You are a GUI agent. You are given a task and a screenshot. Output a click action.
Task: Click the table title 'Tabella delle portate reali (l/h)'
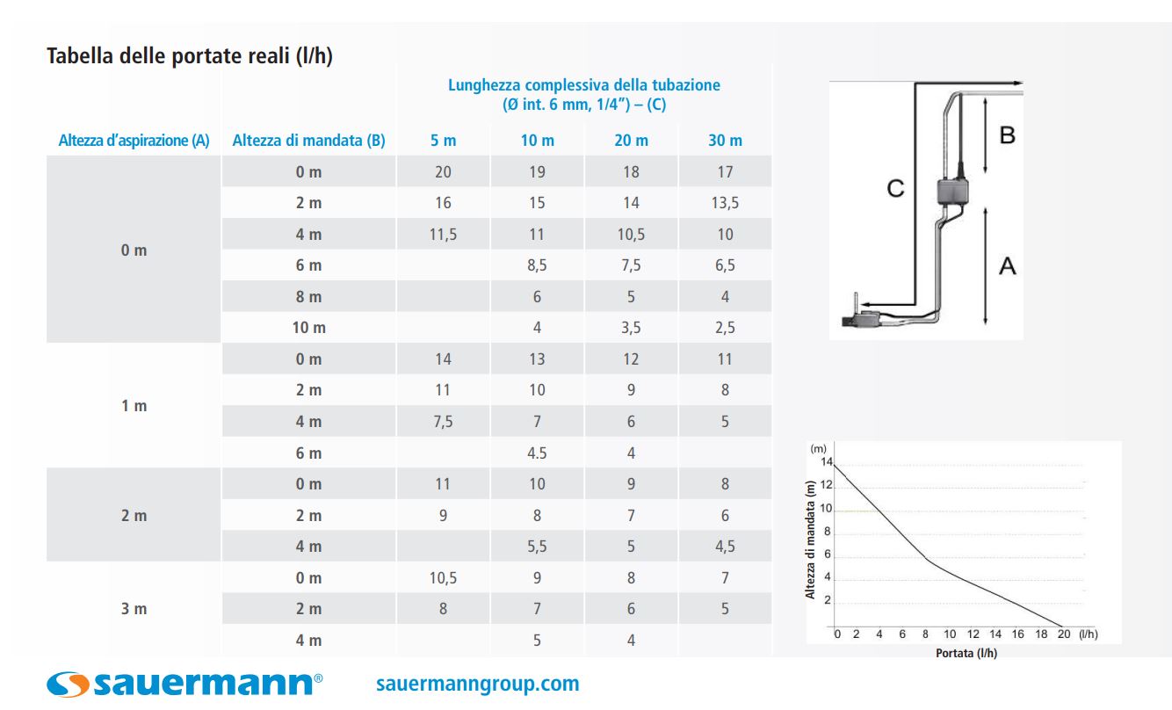[189, 56]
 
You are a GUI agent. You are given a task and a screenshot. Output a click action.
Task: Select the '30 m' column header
[725, 141]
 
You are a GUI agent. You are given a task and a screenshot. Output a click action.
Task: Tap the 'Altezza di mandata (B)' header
[308, 141]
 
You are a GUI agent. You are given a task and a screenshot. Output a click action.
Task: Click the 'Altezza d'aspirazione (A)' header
[134, 141]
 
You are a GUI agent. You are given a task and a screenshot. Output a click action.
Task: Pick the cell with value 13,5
[725, 203]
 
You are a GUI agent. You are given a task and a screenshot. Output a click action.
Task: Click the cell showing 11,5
[443, 235]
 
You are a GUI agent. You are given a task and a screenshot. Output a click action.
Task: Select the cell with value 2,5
[725, 328]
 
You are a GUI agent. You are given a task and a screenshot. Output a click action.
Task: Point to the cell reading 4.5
[537, 453]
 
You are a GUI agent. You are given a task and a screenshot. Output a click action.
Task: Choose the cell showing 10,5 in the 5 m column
[443, 578]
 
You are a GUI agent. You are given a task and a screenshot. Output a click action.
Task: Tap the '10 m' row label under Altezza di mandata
[308, 328]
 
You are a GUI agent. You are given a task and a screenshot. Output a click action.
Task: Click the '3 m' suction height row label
[134, 609]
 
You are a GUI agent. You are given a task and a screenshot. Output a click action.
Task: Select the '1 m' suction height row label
[134, 406]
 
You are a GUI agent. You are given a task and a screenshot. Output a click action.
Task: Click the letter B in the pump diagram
[1007, 136]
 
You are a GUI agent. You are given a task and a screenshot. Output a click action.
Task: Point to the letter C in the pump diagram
[895, 189]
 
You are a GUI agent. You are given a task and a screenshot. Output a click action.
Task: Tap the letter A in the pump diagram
[1007, 265]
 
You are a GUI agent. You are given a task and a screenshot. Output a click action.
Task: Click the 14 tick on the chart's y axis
[825, 462]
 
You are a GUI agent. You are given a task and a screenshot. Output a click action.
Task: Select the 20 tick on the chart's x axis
[1064, 634]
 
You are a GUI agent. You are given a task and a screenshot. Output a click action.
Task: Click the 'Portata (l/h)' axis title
[966, 653]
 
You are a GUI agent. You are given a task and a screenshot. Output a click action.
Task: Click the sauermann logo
[184, 684]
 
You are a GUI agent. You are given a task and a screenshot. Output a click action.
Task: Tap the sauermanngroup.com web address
[477, 684]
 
